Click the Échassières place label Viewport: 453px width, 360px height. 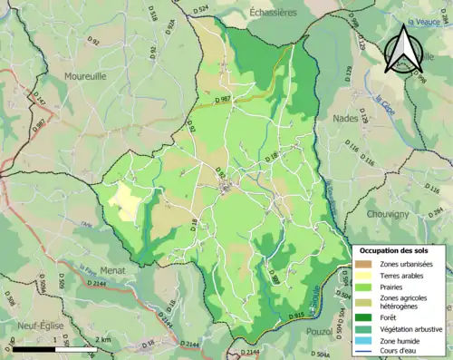273,13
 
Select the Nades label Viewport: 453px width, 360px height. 345,118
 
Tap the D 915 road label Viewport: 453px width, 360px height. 295,315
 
